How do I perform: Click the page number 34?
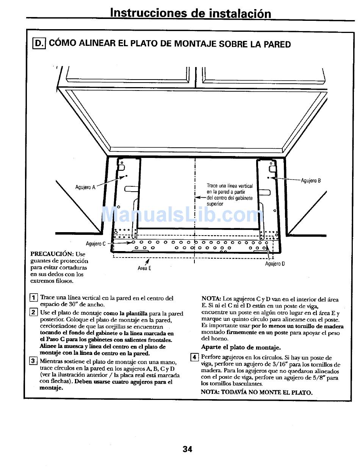click(x=188, y=449)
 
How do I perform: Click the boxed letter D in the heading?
click(x=39, y=44)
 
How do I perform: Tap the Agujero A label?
click(x=85, y=187)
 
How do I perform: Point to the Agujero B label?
click(x=311, y=181)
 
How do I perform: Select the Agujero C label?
click(x=96, y=244)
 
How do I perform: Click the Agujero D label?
click(x=275, y=264)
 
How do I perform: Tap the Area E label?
click(x=144, y=268)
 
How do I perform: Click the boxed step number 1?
click(x=34, y=297)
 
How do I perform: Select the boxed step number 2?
click(x=34, y=312)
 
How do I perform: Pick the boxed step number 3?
click(x=34, y=361)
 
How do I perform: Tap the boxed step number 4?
click(x=195, y=357)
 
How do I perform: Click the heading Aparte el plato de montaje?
click(x=241, y=347)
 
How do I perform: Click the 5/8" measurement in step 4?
click(x=317, y=378)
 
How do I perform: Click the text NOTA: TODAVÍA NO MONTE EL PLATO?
click(x=257, y=392)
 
